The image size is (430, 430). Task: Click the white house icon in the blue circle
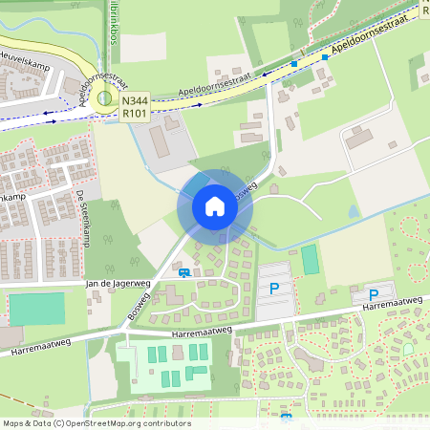[x=214, y=206]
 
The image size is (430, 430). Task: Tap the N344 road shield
[x=134, y=98]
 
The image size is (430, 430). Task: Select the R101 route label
[x=134, y=112]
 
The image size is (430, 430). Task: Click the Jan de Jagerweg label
[x=118, y=284]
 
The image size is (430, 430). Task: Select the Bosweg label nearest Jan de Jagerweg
[x=140, y=306]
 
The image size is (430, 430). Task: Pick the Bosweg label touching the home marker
[x=244, y=192]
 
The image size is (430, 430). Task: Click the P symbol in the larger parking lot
[x=274, y=288]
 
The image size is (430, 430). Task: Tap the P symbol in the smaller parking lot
[x=374, y=295]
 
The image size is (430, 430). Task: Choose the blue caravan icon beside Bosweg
[x=184, y=272]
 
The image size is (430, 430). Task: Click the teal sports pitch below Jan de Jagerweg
[x=36, y=309]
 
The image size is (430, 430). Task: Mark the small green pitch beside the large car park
[x=310, y=259]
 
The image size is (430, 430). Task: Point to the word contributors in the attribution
[x=165, y=423]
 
